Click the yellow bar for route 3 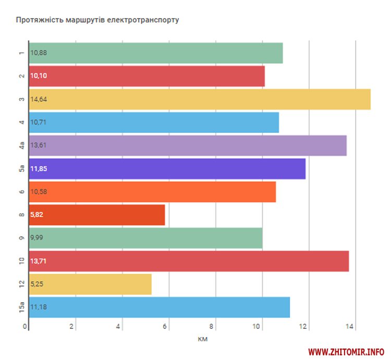pyautogui.click(x=200, y=99)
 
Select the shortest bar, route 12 pyautogui.click(x=90, y=284)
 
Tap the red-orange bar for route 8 pyautogui.click(x=97, y=215)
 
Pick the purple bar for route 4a pyautogui.click(x=188, y=145)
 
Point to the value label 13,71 pyautogui.click(x=39, y=261)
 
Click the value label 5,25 pyautogui.click(x=37, y=284)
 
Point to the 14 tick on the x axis pyautogui.click(x=350, y=327)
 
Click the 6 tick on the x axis pyautogui.click(x=166, y=327)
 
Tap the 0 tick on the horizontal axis pyautogui.click(x=25, y=327)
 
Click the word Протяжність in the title pyautogui.click(x=40, y=20)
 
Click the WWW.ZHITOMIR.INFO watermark pyautogui.click(x=347, y=351)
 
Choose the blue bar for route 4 pyautogui.click(x=154, y=122)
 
